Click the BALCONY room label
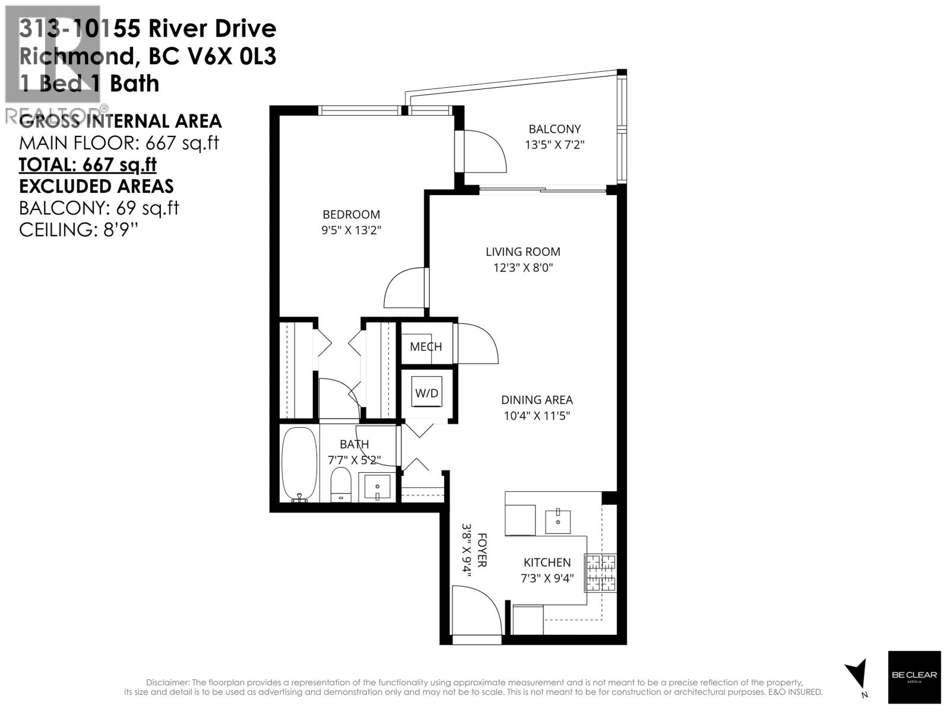555,129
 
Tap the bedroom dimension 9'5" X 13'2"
351,230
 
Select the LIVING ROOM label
522,252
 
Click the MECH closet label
426,347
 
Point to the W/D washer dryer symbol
426,393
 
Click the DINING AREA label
537,400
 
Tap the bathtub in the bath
299,465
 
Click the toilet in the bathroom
341,484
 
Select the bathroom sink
376,488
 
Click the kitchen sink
558,521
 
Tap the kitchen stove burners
601,573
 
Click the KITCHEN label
547,562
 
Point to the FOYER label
482,550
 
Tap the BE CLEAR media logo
914,677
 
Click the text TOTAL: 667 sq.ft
88,164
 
